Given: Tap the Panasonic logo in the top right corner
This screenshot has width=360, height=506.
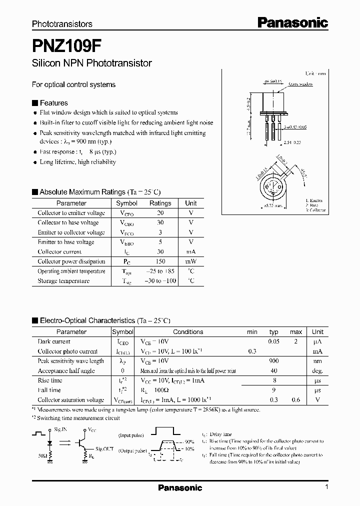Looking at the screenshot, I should pos(292,22).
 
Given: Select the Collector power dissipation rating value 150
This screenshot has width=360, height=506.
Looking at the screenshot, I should pos(160,261).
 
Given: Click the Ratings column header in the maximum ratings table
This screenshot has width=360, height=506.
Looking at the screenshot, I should pos(160,203).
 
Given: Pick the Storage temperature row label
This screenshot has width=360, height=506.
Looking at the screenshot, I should pos(63,281).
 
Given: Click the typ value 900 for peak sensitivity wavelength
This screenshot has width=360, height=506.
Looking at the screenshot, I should pos(273,361).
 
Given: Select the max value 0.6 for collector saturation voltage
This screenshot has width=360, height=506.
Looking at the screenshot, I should pos(296,400).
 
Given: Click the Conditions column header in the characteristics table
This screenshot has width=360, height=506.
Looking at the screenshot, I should pos(188,332).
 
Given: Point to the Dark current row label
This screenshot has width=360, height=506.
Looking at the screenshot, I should pos(54,341).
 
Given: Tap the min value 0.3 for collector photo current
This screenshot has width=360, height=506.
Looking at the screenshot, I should pos(252,351).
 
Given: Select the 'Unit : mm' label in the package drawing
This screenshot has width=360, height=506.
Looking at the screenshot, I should pos(315,73).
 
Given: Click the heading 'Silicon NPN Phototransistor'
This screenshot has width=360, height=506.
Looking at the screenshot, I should pos(91,63).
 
